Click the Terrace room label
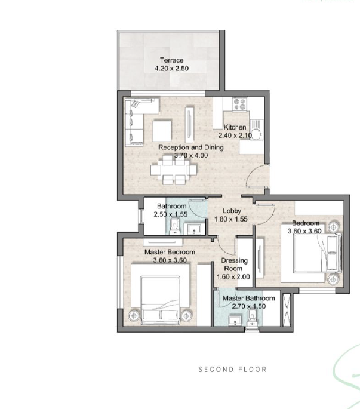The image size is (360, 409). coord(172,60)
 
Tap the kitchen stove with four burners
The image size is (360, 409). coord(239,104)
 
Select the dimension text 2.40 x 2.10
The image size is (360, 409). coord(235,136)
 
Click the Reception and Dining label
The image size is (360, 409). coord(191,147)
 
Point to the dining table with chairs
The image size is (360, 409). coord(174,170)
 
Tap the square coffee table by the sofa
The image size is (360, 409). coord(162,131)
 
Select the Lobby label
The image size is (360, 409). coord(232,211)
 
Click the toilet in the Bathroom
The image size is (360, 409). coord(174,226)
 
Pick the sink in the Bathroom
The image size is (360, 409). coord(194,229)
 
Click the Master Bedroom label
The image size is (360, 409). coord(170,252)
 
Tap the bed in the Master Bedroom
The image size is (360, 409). coord(160,300)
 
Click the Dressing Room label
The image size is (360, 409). coord(234,265)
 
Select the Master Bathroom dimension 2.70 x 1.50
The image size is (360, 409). coord(249,306)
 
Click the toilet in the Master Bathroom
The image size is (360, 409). coord(253,318)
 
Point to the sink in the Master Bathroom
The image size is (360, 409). coord(235,321)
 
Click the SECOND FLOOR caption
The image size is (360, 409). coord(232,370)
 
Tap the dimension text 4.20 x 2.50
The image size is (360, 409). coord(172,69)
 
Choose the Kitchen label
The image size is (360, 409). coord(235,127)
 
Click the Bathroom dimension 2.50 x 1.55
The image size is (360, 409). coord(171,214)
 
